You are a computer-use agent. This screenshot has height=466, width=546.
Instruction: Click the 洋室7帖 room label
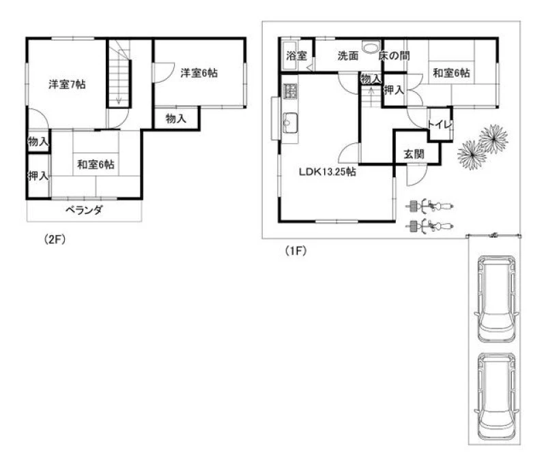(67, 84)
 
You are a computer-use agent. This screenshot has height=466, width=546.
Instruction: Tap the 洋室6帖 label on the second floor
(199, 73)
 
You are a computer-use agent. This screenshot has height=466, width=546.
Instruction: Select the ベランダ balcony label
(84, 210)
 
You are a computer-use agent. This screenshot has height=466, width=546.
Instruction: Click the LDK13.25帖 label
(328, 172)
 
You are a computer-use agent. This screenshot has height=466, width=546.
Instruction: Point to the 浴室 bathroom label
(297, 56)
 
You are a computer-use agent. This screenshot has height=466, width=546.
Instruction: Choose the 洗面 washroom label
(348, 56)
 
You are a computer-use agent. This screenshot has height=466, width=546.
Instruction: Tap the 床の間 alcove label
(394, 56)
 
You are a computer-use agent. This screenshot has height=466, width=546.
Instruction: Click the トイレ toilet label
(440, 125)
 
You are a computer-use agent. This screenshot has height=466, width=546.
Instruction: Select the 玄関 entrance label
(414, 154)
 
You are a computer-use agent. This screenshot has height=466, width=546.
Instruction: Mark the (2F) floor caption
(55, 239)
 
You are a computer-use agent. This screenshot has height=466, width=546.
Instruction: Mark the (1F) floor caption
(296, 250)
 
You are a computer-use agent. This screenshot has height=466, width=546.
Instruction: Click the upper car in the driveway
(496, 299)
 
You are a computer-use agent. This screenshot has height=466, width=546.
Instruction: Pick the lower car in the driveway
(496, 396)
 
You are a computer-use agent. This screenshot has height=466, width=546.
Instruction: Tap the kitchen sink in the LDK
(289, 123)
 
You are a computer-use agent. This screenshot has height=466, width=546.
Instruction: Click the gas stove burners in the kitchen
(289, 91)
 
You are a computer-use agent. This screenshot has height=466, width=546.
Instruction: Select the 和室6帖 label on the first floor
(451, 73)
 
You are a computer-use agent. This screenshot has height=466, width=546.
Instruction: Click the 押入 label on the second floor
(38, 176)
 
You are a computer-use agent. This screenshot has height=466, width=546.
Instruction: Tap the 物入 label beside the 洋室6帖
(176, 119)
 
